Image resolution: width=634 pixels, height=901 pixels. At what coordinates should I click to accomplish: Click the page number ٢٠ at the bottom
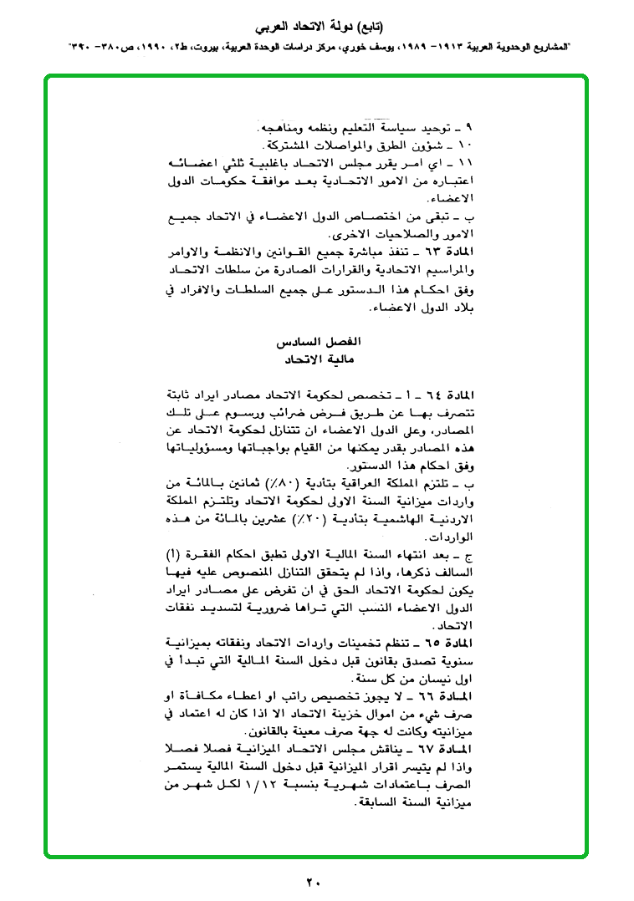tap(314, 881)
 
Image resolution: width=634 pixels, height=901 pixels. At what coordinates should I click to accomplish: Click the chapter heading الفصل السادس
tap(311, 344)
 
